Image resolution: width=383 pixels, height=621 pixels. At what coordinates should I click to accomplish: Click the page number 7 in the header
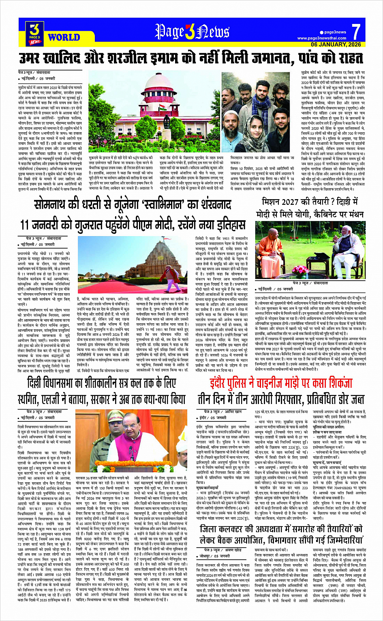(x=356, y=32)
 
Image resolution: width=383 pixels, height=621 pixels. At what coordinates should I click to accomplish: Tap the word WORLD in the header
(x=64, y=37)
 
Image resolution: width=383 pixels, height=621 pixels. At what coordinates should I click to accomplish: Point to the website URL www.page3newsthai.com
(x=322, y=38)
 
